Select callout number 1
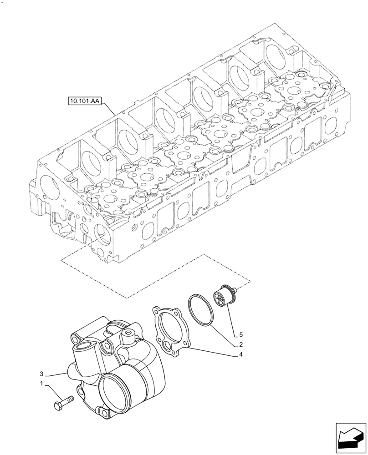coord(42,384)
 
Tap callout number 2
coord(240,344)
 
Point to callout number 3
coord(42,373)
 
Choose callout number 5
coord(240,334)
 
